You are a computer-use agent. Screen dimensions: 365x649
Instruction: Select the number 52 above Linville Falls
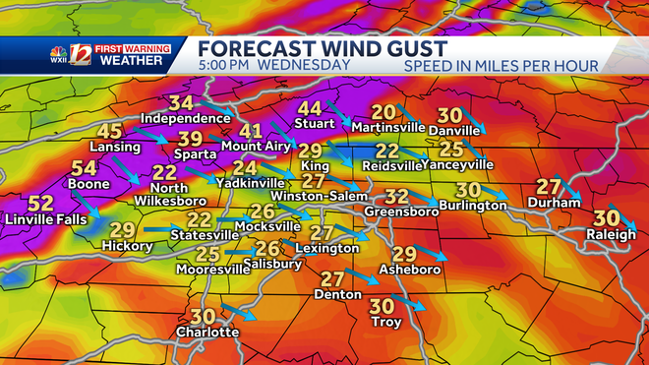(x=40, y=204)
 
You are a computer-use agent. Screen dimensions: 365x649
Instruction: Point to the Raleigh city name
(x=605, y=234)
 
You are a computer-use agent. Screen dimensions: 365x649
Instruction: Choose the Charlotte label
(x=206, y=332)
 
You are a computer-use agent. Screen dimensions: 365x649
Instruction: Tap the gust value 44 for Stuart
(x=310, y=108)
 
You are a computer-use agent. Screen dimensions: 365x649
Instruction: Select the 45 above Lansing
(x=109, y=132)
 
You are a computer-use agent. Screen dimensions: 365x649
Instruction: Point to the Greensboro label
(x=400, y=211)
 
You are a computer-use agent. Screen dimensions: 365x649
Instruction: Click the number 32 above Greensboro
(x=395, y=196)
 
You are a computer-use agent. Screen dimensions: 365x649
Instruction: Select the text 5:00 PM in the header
(x=225, y=65)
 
